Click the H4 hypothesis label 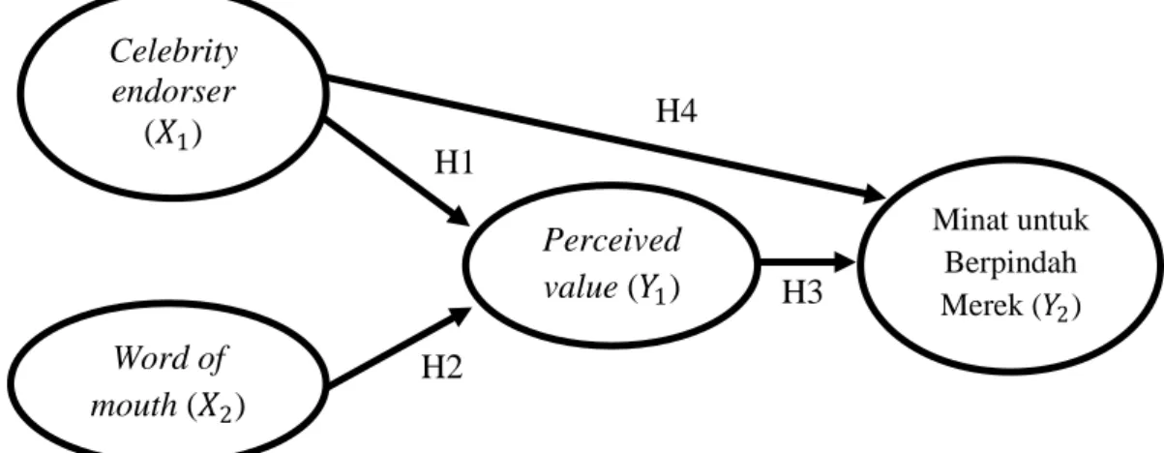click(x=676, y=110)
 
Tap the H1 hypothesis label click(x=454, y=163)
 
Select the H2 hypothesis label click(x=441, y=367)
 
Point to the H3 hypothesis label click(x=802, y=291)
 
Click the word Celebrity click(x=174, y=52)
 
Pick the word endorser click(x=173, y=92)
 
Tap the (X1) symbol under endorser click(x=173, y=135)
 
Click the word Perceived click(x=612, y=240)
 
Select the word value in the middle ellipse click(x=581, y=287)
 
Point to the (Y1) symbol click(x=654, y=288)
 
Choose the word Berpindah click(x=1011, y=262)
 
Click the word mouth click(x=134, y=406)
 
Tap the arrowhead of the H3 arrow click(x=845, y=261)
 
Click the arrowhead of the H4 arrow click(x=875, y=195)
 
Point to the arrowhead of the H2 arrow click(x=461, y=316)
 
